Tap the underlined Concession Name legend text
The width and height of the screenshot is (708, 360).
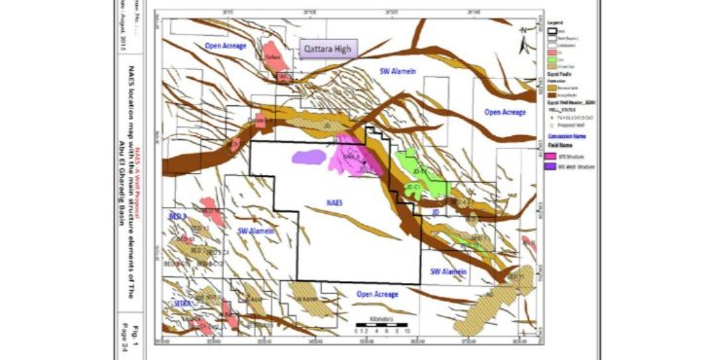(566, 137)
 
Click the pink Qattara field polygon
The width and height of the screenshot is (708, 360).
(272, 53)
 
